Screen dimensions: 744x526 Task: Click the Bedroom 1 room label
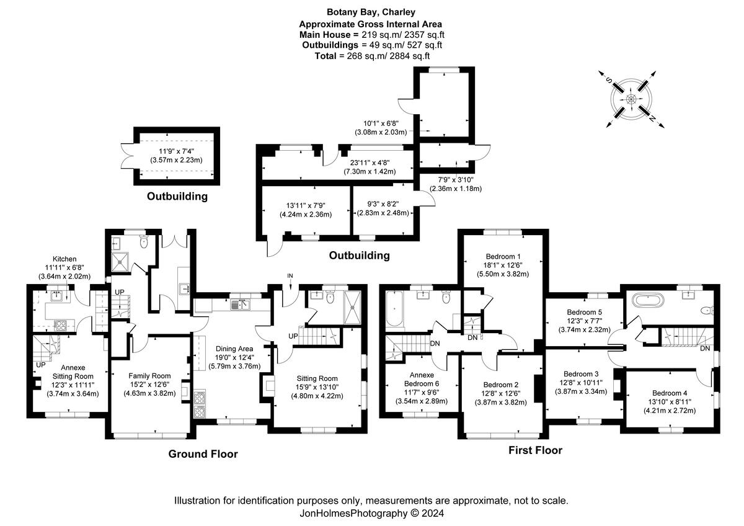[503, 257]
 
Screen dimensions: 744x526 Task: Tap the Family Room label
[149, 376]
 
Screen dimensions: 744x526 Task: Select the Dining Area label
[234, 349]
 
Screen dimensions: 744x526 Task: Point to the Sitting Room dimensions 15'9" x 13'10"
[317, 387]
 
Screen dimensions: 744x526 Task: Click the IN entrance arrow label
[290, 276]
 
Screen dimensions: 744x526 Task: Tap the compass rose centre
[631, 99]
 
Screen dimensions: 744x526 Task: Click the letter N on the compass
[652, 118]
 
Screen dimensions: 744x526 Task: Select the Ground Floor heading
[203, 454]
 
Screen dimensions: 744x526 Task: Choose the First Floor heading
[536, 450]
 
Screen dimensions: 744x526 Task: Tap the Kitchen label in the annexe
[64, 259]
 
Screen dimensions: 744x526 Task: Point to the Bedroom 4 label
[670, 393]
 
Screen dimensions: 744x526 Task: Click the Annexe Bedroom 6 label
[422, 379]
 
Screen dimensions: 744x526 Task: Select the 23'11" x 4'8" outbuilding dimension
[370, 163]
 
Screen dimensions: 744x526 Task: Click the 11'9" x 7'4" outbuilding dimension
[176, 151]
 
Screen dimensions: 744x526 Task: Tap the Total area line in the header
[372, 56]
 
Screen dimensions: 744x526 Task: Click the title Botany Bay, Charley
[371, 12]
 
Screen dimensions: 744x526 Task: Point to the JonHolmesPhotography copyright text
[371, 513]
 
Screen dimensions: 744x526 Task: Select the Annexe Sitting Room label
[73, 372]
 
